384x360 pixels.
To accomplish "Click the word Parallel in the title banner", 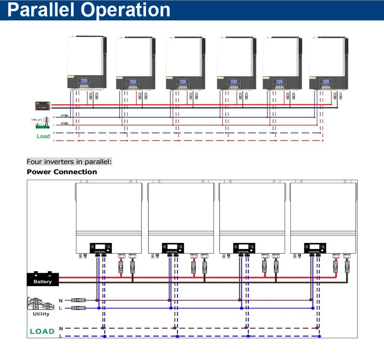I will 42,10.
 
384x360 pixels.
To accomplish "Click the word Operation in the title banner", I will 126,10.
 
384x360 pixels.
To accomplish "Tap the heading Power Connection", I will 62,172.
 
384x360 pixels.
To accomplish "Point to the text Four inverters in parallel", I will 69,162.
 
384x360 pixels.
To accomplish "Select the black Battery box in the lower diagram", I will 43,279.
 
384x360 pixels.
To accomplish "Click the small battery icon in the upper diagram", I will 42,105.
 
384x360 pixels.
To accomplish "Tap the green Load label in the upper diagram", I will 43,136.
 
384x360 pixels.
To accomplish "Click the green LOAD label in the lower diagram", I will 42,331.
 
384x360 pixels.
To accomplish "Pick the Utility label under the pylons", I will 41,314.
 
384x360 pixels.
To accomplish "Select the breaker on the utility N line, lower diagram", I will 78,300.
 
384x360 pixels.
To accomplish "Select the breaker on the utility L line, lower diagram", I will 78,308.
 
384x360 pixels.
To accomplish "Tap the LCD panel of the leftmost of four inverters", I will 100,248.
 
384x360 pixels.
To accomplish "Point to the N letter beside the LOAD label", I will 61,328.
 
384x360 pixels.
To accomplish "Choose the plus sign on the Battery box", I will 36,275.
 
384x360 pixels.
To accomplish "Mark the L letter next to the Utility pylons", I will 61,308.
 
